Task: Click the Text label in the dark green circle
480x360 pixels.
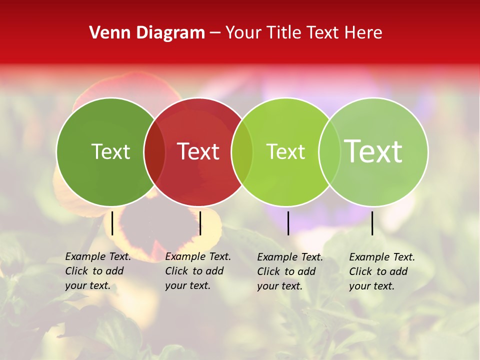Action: click(110, 151)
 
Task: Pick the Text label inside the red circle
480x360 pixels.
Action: click(198, 151)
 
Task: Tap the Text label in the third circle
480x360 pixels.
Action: click(285, 151)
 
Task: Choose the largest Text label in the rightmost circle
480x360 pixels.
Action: click(373, 151)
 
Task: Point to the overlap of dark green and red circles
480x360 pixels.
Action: click(154, 151)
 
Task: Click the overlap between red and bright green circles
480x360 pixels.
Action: click(242, 151)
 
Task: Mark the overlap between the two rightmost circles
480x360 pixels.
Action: click(329, 151)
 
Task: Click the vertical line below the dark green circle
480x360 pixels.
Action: click(112, 223)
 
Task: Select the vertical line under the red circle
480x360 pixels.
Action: click(200, 223)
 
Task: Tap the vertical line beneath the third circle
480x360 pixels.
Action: click(288, 223)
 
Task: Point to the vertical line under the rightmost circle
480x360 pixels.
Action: click(372, 223)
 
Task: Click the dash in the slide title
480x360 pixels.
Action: click(215, 32)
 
